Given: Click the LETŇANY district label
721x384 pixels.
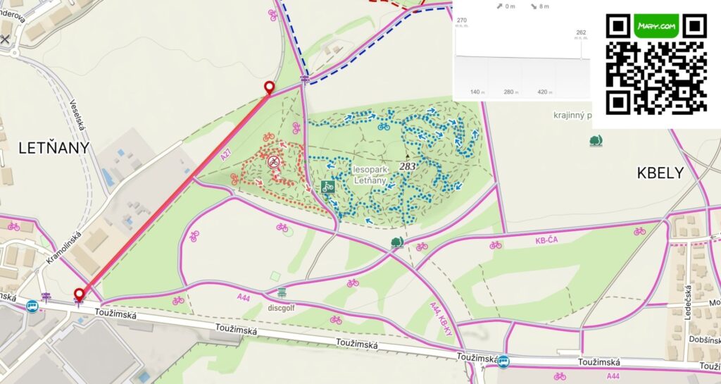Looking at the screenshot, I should [x=54, y=148].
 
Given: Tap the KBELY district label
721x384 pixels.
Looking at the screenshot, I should [x=660, y=173].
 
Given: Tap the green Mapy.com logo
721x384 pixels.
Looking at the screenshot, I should [x=656, y=26].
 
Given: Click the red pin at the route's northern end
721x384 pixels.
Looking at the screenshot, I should [x=269, y=87].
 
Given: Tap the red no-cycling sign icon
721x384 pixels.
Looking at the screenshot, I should [x=273, y=162].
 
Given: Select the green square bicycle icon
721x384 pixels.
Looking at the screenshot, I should [x=327, y=187].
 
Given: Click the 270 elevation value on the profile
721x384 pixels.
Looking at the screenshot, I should [x=462, y=20].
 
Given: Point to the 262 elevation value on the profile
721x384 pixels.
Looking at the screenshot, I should [x=581, y=32].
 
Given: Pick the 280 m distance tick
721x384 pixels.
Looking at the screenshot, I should [x=510, y=92].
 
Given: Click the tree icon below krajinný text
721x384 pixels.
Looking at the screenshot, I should [x=596, y=141].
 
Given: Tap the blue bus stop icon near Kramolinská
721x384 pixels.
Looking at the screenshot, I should [x=32, y=306].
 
